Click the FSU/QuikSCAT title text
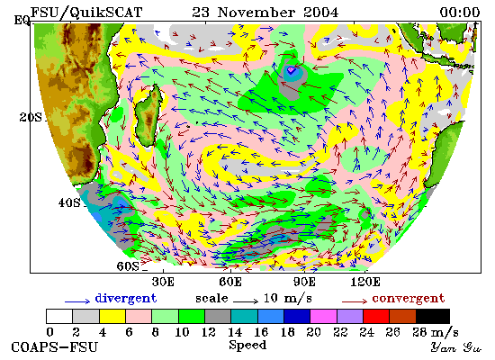click(x=86, y=13)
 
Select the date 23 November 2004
click(x=265, y=13)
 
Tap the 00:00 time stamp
click(x=460, y=13)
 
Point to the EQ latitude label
click(x=22, y=21)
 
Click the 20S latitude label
click(x=31, y=117)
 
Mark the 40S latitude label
click(x=69, y=202)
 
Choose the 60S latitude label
click(x=128, y=266)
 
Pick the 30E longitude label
click(x=163, y=282)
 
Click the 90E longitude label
click(x=304, y=282)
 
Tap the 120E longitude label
click(x=365, y=282)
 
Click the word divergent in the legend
click(x=126, y=299)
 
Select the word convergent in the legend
click(x=409, y=299)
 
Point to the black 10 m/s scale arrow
click(x=246, y=301)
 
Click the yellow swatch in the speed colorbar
click(x=112, y=317)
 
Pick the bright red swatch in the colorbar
click(x=376, y=317)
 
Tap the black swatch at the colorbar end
click(x=433, y=317)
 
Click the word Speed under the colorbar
click(x=247, y=346)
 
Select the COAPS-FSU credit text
click(x=55, y=347)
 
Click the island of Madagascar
click(x=148, y=115)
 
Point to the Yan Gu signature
click(x=456, y=347)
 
